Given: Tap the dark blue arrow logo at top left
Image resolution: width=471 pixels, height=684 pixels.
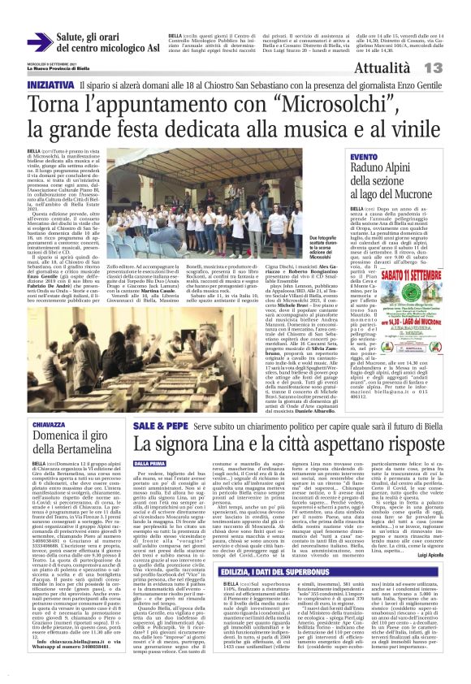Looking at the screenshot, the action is (39, 43).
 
